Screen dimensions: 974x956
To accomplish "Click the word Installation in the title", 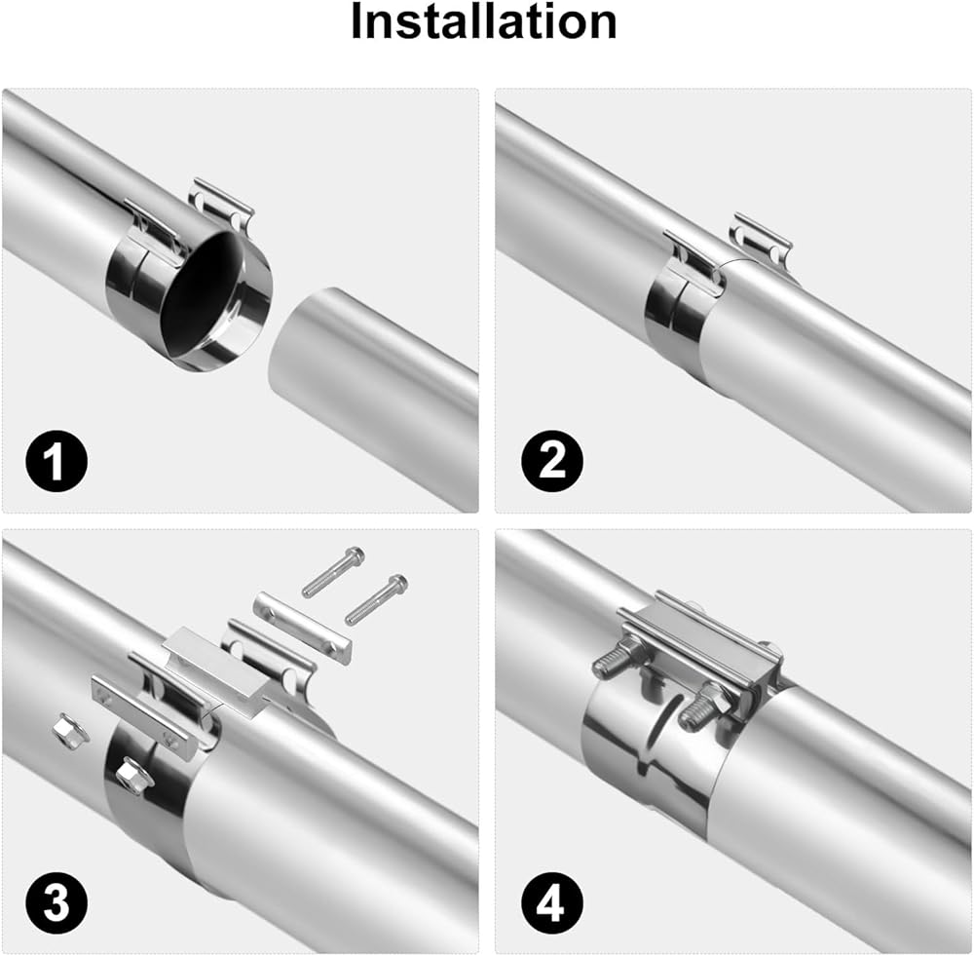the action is click(483, 21).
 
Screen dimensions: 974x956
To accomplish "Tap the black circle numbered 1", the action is click(56, 461).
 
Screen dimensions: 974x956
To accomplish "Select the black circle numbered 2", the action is click(552, 461).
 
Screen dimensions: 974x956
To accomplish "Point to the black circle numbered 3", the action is click(56, 902).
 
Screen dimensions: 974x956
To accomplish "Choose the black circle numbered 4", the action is click(552, 902).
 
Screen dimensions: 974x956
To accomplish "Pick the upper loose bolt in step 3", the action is click(333, 572).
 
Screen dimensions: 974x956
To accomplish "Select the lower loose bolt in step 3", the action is click(376, 599).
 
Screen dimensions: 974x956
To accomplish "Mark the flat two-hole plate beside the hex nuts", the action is click(140, 718).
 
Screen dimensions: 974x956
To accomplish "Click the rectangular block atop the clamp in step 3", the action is click(217, 674).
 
